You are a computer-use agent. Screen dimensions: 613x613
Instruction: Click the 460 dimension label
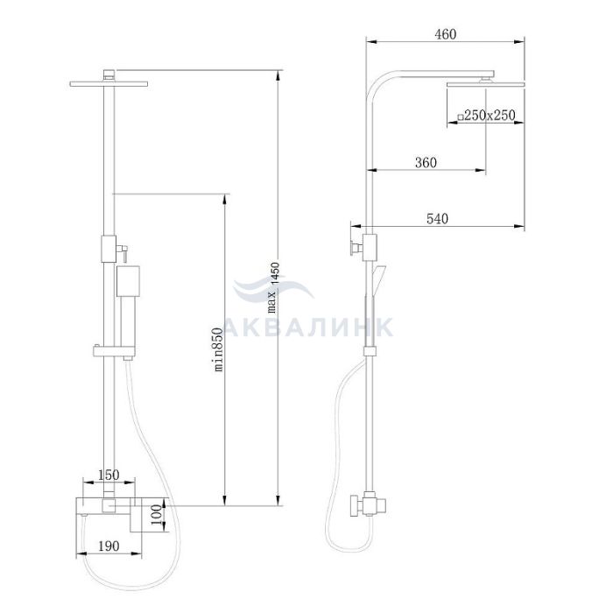coord(445,34)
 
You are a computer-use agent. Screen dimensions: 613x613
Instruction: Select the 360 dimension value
coord(426,162)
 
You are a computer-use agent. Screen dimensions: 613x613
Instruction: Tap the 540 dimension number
coord(437,219)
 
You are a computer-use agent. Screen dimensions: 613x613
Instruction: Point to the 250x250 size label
coord(490,115)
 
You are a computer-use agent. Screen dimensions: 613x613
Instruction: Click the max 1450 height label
coord(273,288)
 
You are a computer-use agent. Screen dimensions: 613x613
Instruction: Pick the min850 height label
coord(218,349)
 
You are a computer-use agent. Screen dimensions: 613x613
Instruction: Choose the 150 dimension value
coord(109,475)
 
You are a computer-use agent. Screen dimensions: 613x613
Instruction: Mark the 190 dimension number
coord(109,546)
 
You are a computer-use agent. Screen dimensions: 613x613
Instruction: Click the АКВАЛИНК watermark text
coord(309,327)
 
